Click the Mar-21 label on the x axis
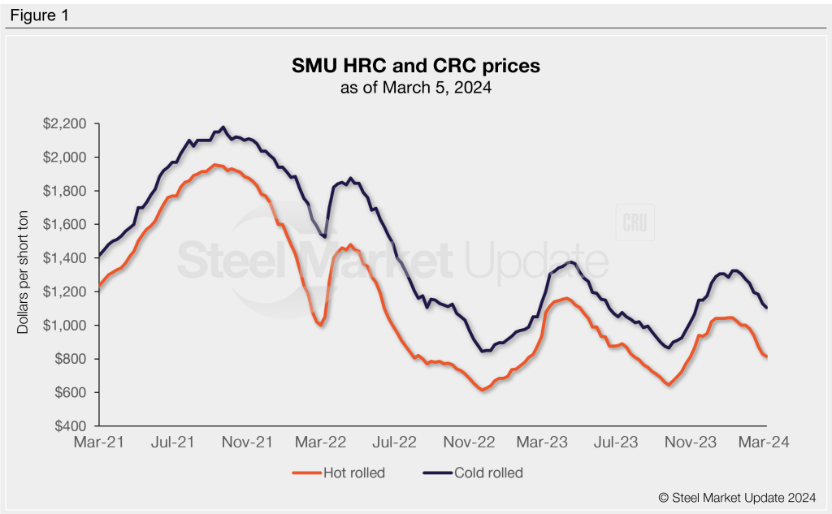tap(99, 443)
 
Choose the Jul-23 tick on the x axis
tap(617, 443)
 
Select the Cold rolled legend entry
tap(471, 473)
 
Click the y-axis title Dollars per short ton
tap(24, 274)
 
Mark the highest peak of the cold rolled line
tap(223, 127)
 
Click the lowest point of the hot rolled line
tap(483, 390)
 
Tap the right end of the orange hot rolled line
tap(767, 356)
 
